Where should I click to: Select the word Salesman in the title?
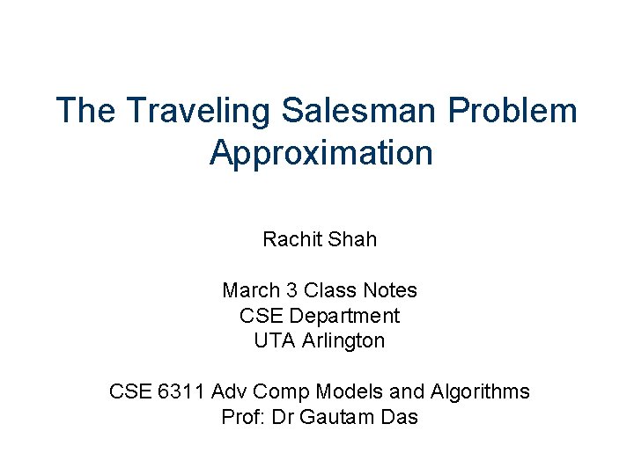361,112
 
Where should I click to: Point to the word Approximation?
321,153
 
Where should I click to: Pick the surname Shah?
354,239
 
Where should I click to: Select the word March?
248,290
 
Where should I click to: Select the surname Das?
399,417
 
